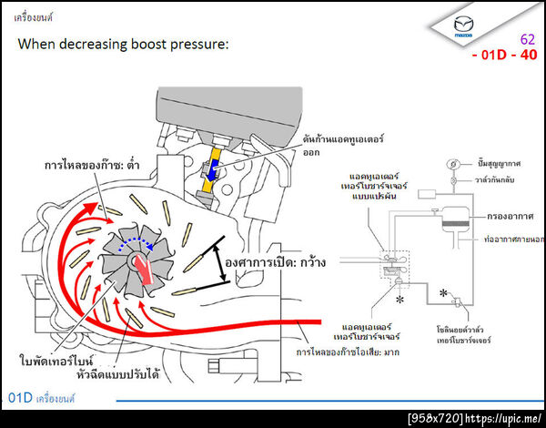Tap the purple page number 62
click(x=527, y=40)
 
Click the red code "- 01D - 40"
click(x=504, y=56)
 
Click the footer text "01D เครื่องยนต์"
click(x=41, y=398)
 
